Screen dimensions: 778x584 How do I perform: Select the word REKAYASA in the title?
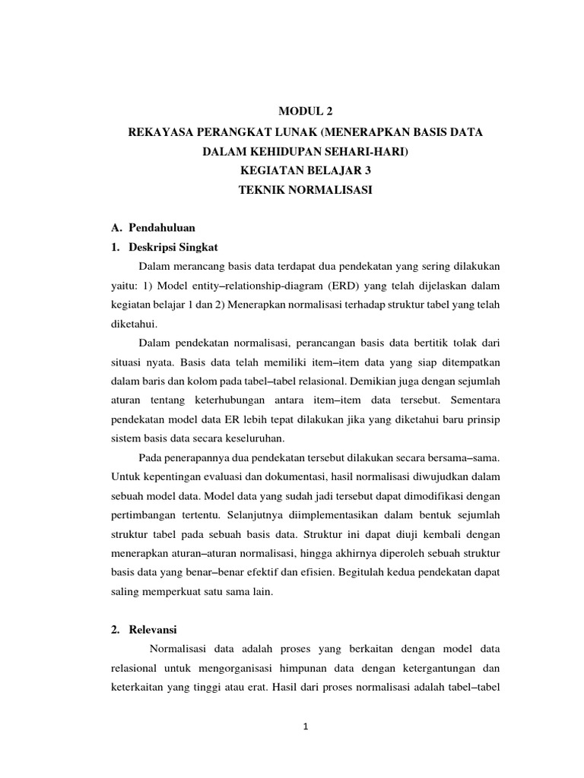156,132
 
